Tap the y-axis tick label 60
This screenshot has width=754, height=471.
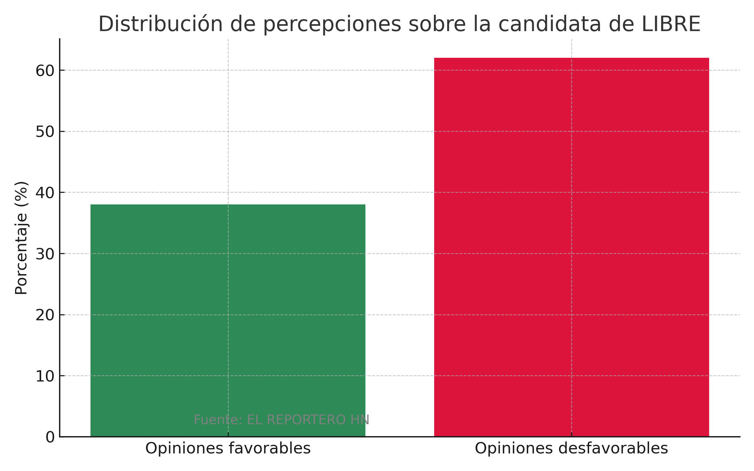click(45, 71)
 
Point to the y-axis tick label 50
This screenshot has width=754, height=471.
click(45, 132)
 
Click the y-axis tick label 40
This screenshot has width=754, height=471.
click(45, 192)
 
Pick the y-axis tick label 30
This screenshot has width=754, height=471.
click(45, 254)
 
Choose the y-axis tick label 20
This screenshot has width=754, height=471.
click(45, 315)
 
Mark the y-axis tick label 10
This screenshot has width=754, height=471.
click(45, 376)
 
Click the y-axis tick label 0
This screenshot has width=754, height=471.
click(50, 437)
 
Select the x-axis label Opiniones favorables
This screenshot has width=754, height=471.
click(228, 448)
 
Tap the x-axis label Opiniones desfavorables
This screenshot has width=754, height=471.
click(571, 448)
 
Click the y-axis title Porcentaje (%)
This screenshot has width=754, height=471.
click(21, 238)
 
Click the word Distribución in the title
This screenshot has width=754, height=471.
click(160, 24)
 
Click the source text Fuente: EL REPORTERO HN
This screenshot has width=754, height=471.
click(281, 420)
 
